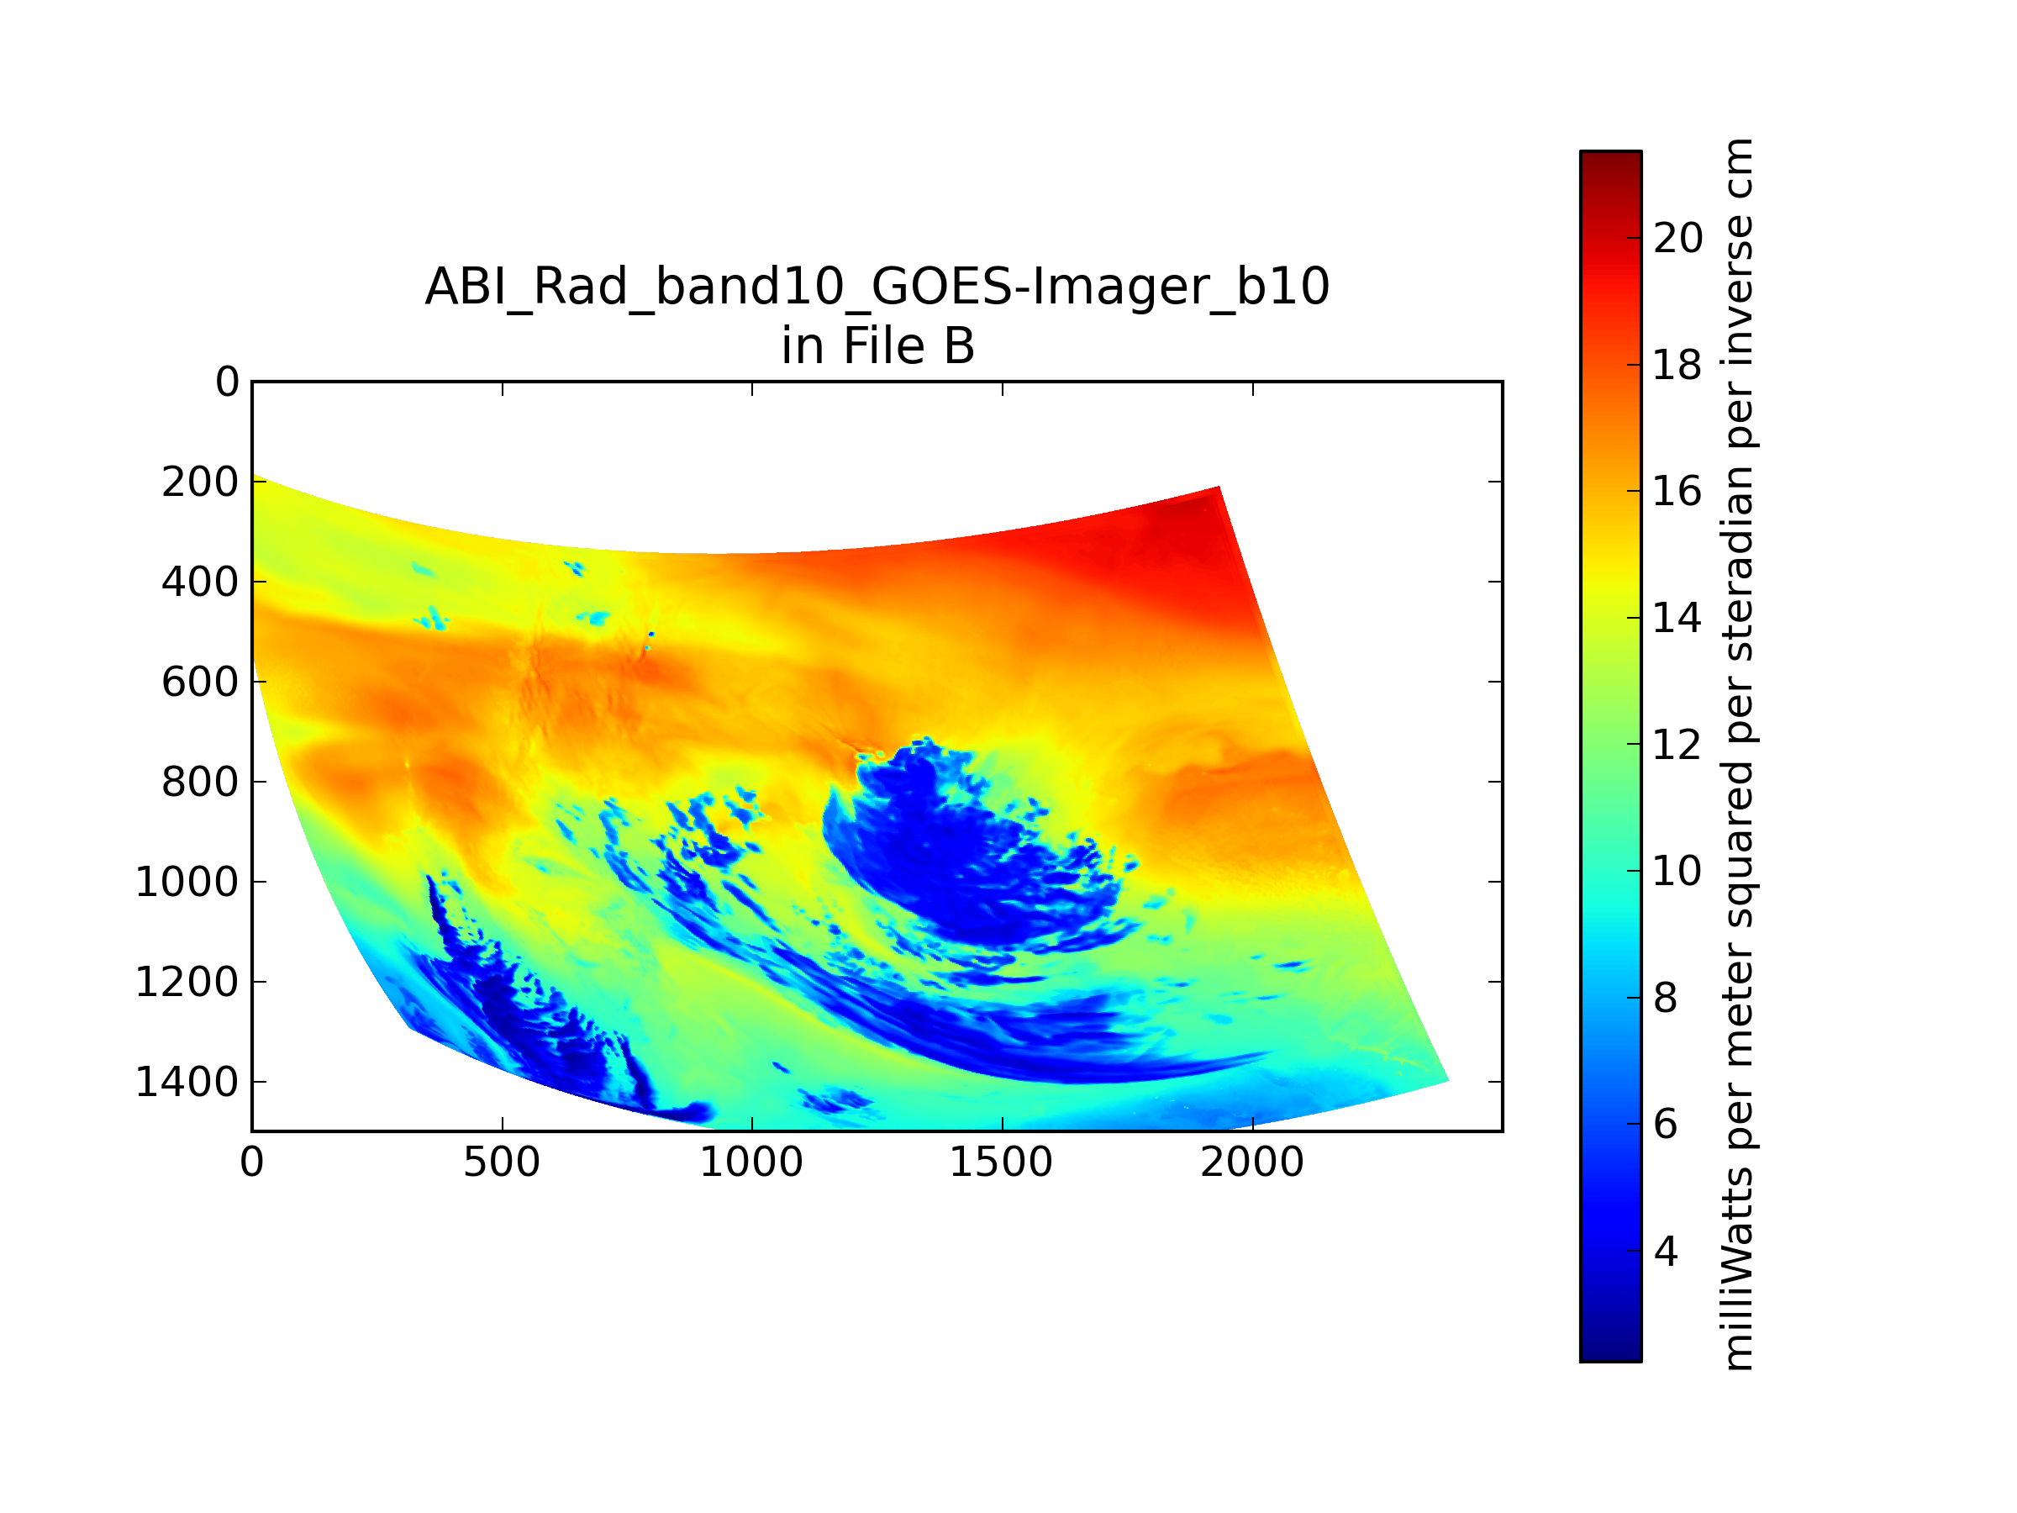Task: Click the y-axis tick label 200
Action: coord(200,482)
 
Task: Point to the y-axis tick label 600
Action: coord(200,683)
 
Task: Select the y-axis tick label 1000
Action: coord(187,882)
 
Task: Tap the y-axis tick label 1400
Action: coord(187,1083)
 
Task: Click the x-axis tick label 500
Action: coord(502,1162)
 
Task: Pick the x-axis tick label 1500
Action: coord(1001,1162)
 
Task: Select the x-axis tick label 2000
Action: coord(1252,1162)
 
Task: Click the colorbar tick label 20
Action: coord(1677,238)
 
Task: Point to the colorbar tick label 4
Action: coord(1666,1252)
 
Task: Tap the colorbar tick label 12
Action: coord(1677,745)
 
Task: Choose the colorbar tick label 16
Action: coord(1677,492)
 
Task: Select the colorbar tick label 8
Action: coord(1666,999)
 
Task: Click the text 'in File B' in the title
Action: coord(877,346)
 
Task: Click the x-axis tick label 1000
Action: coord(751,1162)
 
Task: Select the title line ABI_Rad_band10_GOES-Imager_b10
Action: coord(877,287)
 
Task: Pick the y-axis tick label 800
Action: coord(200,783)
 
